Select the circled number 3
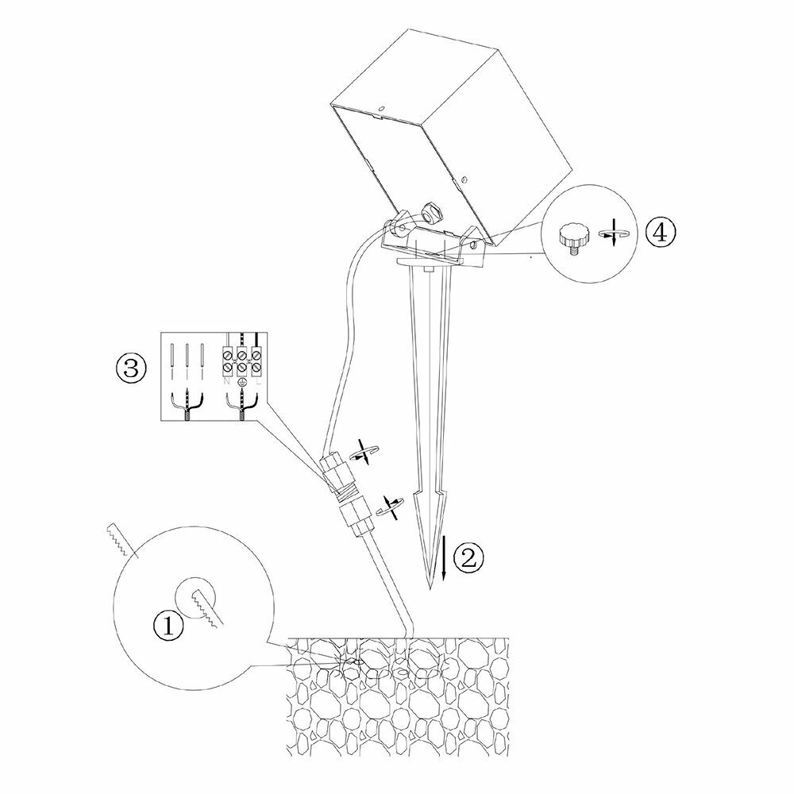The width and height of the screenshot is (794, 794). click(x=129, y=367)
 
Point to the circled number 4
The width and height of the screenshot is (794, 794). click(x=661, y=233)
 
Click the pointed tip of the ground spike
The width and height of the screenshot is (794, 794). click(x=430, y=586)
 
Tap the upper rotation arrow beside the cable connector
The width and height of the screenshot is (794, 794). click(x=365, y=453)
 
